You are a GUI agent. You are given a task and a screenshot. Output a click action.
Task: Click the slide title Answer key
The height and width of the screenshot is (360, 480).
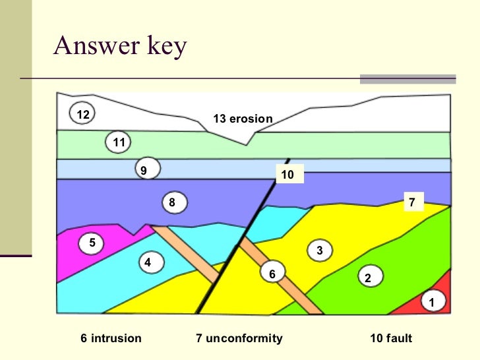tap(120, 45)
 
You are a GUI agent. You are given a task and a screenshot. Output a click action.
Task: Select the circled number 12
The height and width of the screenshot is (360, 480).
tap(82, 115)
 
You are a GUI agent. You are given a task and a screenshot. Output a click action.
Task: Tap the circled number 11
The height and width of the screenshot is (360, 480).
tap(119, 142)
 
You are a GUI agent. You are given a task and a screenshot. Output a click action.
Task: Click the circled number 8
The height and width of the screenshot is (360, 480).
tap(173, 202)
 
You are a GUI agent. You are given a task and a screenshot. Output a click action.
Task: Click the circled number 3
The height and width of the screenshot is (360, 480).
tap(319, 251)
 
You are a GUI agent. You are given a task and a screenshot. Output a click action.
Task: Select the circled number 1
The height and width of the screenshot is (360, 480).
tap(433, 303)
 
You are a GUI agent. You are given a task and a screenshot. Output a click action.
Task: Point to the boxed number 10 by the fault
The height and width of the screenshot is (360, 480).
tap(288, 175)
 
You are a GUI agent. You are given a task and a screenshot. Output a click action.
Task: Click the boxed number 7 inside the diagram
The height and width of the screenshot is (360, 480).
tap(412, 202)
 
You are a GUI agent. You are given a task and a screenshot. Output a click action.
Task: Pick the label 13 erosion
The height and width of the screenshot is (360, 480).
tap(243, 119)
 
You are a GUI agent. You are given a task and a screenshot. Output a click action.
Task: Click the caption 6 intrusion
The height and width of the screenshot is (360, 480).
tap(111, 338)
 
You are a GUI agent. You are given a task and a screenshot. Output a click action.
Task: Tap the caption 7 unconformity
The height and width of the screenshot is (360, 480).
tap(239, 338)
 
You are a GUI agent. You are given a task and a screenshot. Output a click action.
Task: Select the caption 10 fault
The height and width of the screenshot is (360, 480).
tap(391, 338)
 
